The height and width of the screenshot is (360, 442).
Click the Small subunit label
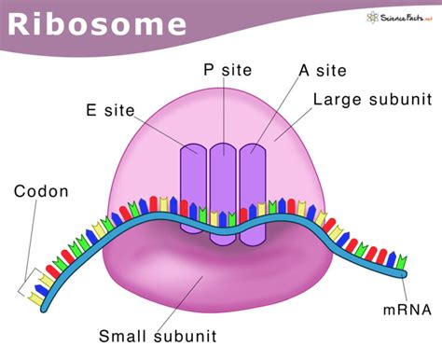[x=159, y=336]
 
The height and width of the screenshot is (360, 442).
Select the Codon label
[x=41, y=192]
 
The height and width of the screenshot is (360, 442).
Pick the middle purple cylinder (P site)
[x=223, y=191]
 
